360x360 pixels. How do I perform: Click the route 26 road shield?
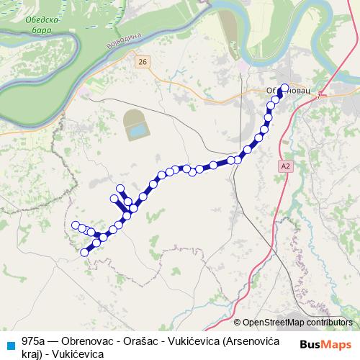[142, 63]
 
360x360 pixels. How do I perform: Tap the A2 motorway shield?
[286, 166]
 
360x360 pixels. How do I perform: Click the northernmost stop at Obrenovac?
[284, 88]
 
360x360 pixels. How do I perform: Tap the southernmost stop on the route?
[85, 252]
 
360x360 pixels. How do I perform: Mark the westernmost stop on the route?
[75, 225]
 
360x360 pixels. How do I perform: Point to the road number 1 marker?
[316, 94]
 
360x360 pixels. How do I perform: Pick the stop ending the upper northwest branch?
[120, 189]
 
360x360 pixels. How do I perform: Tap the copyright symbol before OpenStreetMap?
[238, 323]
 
